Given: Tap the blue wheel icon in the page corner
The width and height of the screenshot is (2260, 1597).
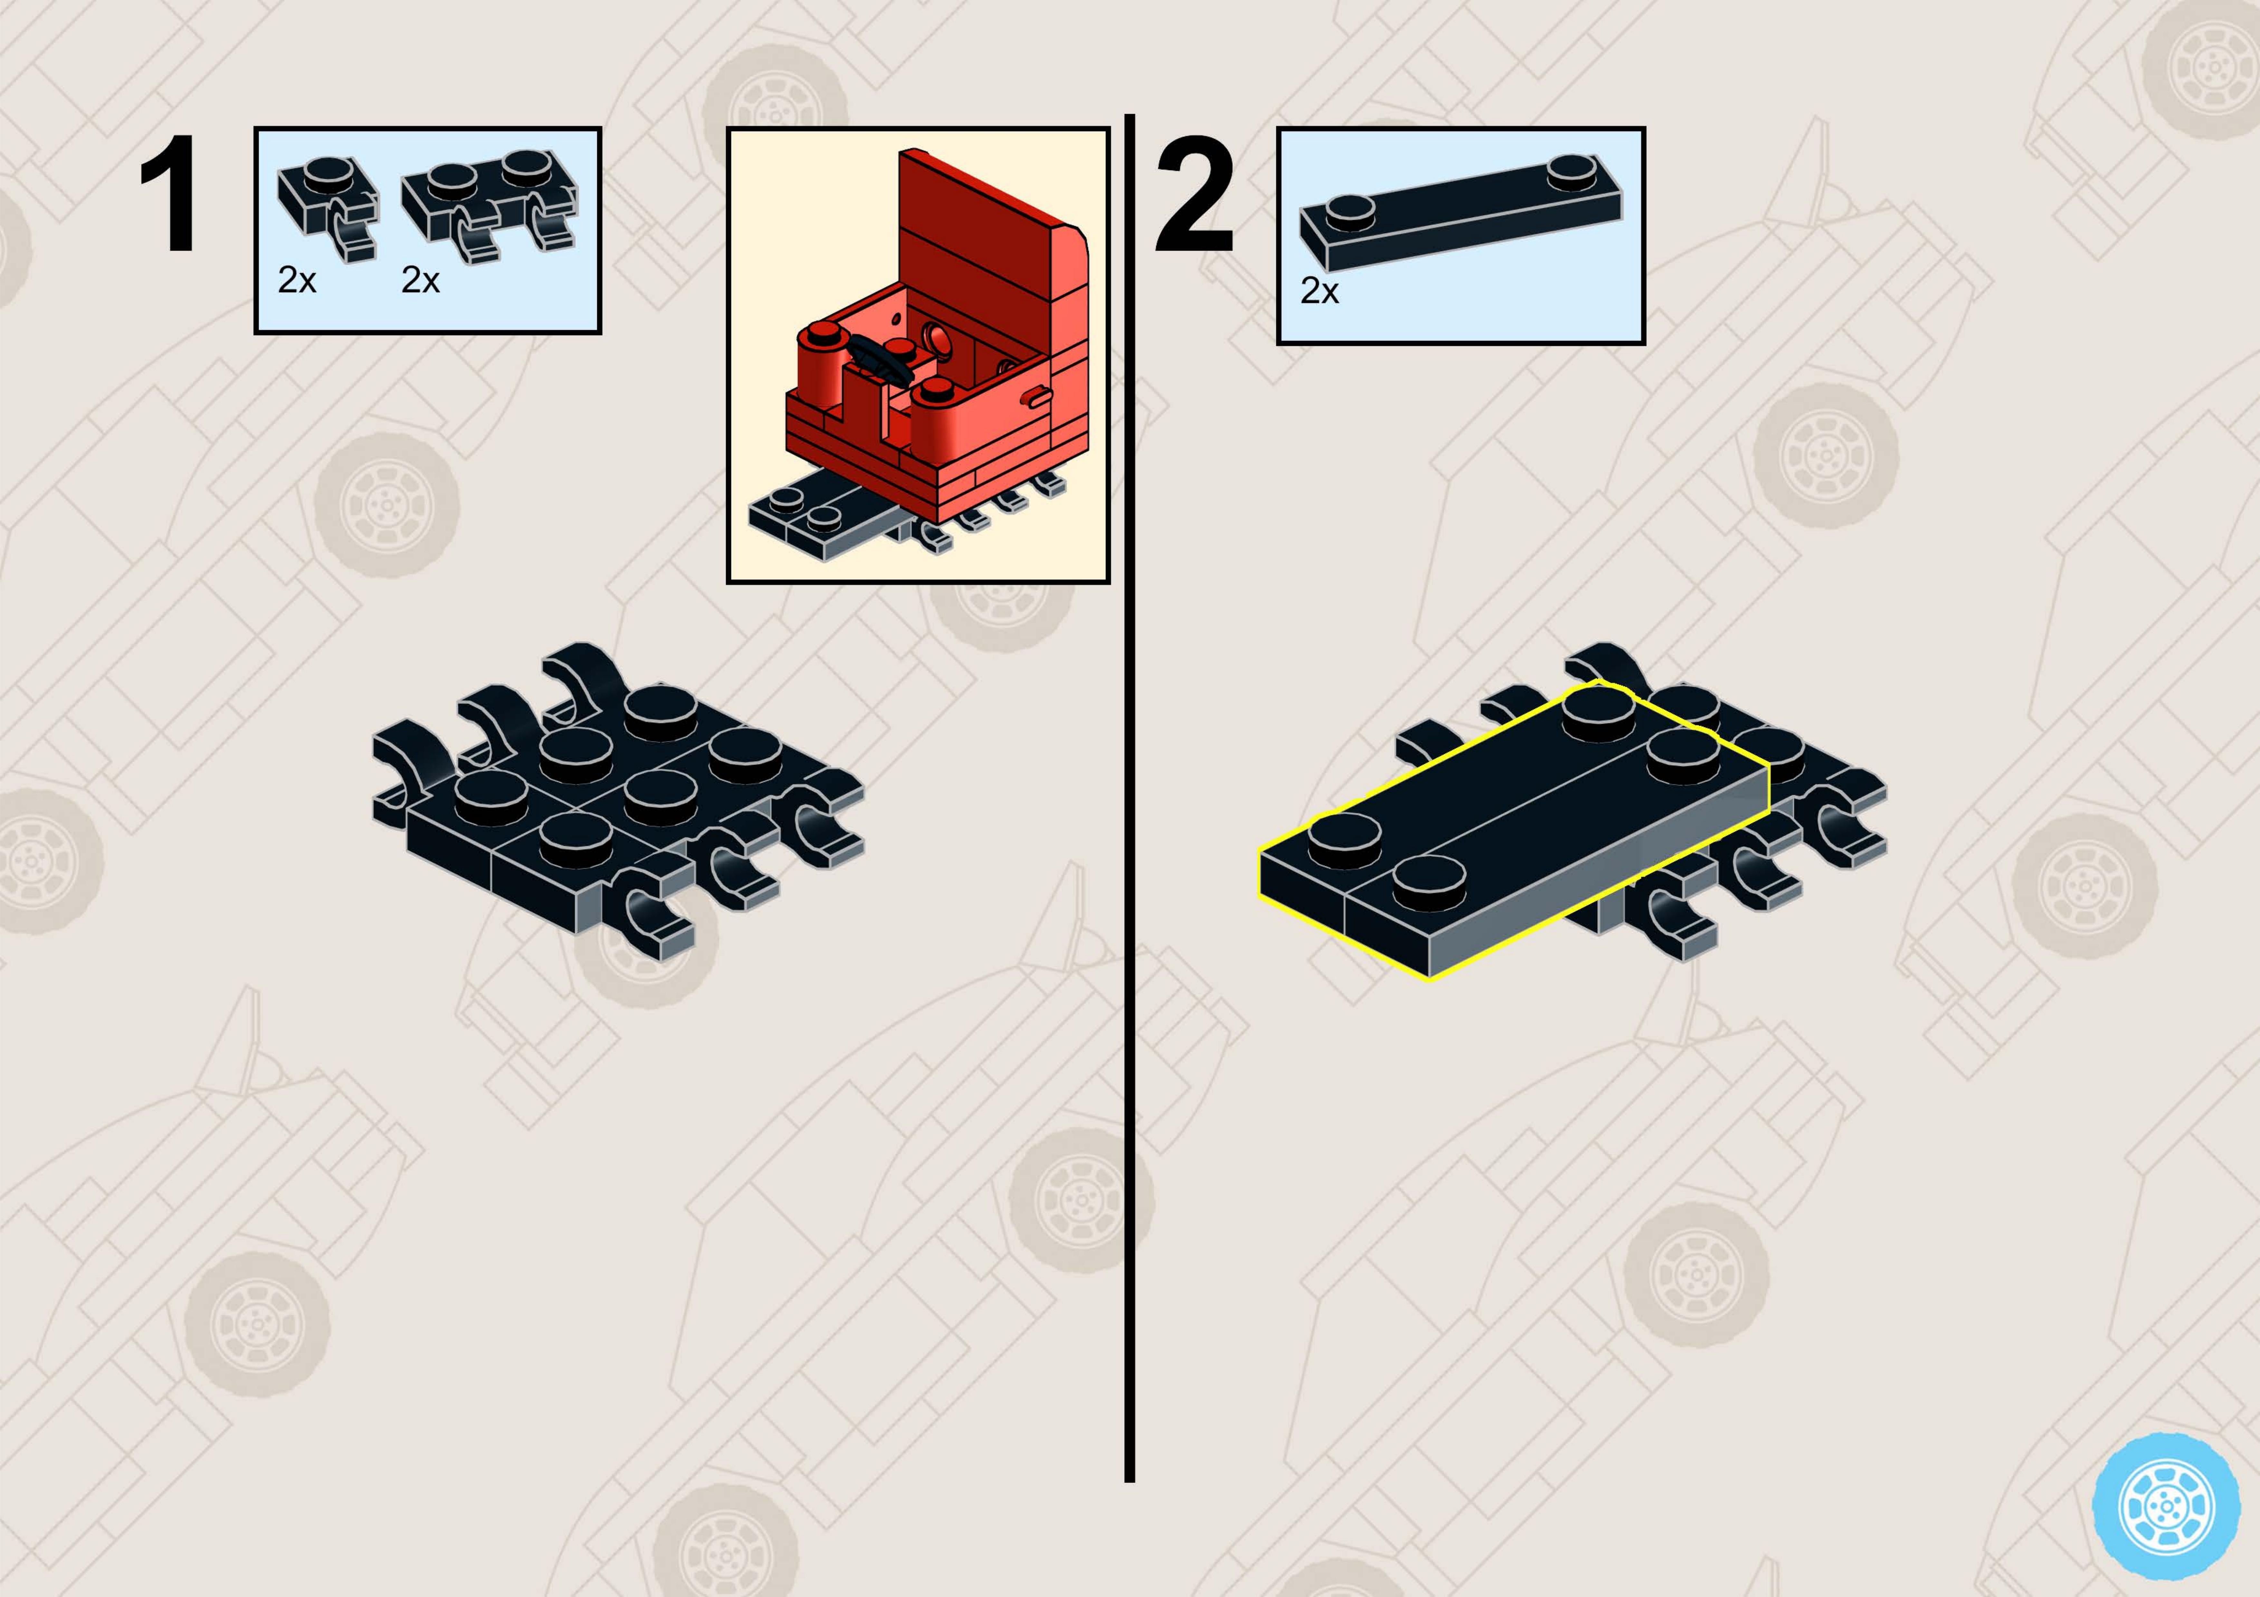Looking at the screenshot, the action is pos(2166,1507).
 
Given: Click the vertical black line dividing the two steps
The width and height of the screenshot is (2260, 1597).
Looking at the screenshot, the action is pos(1129,797).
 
